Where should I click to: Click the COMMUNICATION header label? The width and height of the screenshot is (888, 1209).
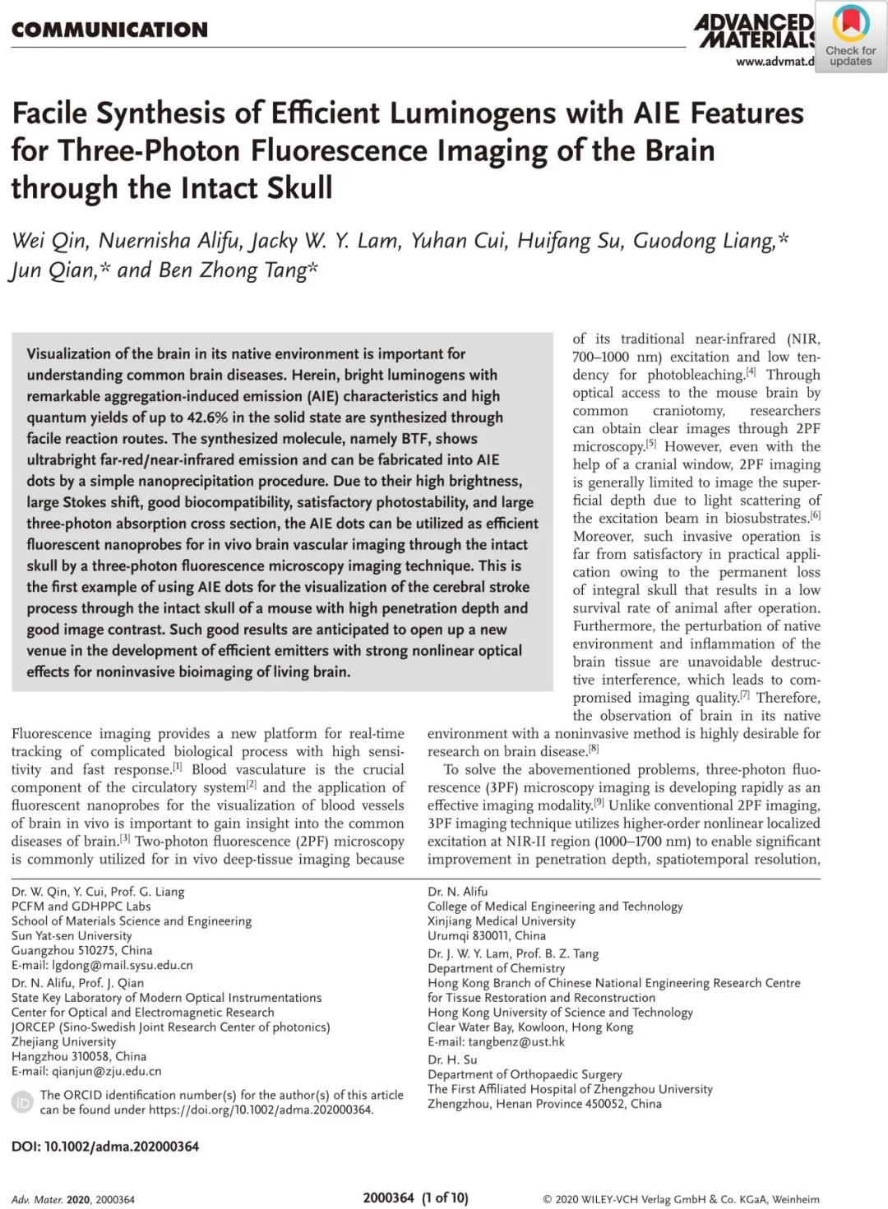tap(109, 30)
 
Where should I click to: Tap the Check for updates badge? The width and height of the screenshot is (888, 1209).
tap(850, 37)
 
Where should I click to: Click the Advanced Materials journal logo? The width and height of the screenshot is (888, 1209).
tap(754, 31)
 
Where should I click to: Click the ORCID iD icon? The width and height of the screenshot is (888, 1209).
tap(23, 1102)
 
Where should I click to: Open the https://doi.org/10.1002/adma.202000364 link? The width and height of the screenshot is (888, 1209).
tap(261, 1110)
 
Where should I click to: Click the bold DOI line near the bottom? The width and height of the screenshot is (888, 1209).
tap(105, 1146)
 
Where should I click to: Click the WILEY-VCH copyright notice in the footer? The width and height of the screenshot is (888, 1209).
tap(681, 1199)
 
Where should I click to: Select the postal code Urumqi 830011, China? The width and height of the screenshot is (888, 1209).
tap(486, 935)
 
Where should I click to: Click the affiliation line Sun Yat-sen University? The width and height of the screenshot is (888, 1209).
tap(72, 935)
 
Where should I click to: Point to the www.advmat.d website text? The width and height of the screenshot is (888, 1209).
tap(775, 61)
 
